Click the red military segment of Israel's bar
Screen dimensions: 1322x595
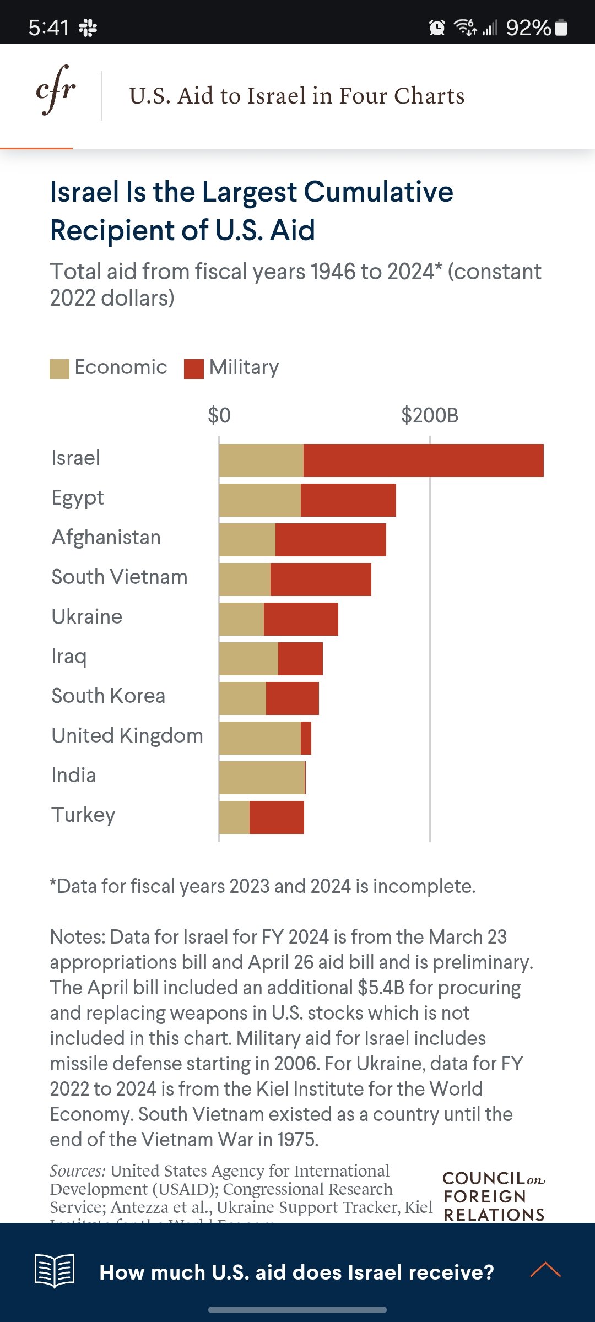coord(423,460)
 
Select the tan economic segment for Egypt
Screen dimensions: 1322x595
coord(260,500)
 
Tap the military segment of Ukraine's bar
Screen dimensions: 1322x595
coord(301,619)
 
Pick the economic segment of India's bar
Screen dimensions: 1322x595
coord(262,778)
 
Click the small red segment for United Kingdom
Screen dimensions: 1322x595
coord(306,738)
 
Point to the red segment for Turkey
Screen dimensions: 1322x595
coord(277,817)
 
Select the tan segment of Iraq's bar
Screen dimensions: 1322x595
coord(248,659)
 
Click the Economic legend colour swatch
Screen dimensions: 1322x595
coord(59,369)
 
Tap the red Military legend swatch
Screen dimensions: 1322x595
coord(194,369)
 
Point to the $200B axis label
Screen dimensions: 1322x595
coord(430,415)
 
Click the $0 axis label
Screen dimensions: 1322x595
coord(219,415)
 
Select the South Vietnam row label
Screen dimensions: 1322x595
coord(120,577)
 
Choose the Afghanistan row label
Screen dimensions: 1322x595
coord(106,537)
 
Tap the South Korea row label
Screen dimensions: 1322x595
coord(109,696)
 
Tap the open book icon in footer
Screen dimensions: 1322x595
coord(55,1271)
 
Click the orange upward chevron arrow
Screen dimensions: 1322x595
coord(545,1270)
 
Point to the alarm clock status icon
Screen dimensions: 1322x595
coord(437,27)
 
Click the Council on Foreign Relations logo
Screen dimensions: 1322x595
coord(494,1195)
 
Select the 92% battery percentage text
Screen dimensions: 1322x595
coord(528,28)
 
